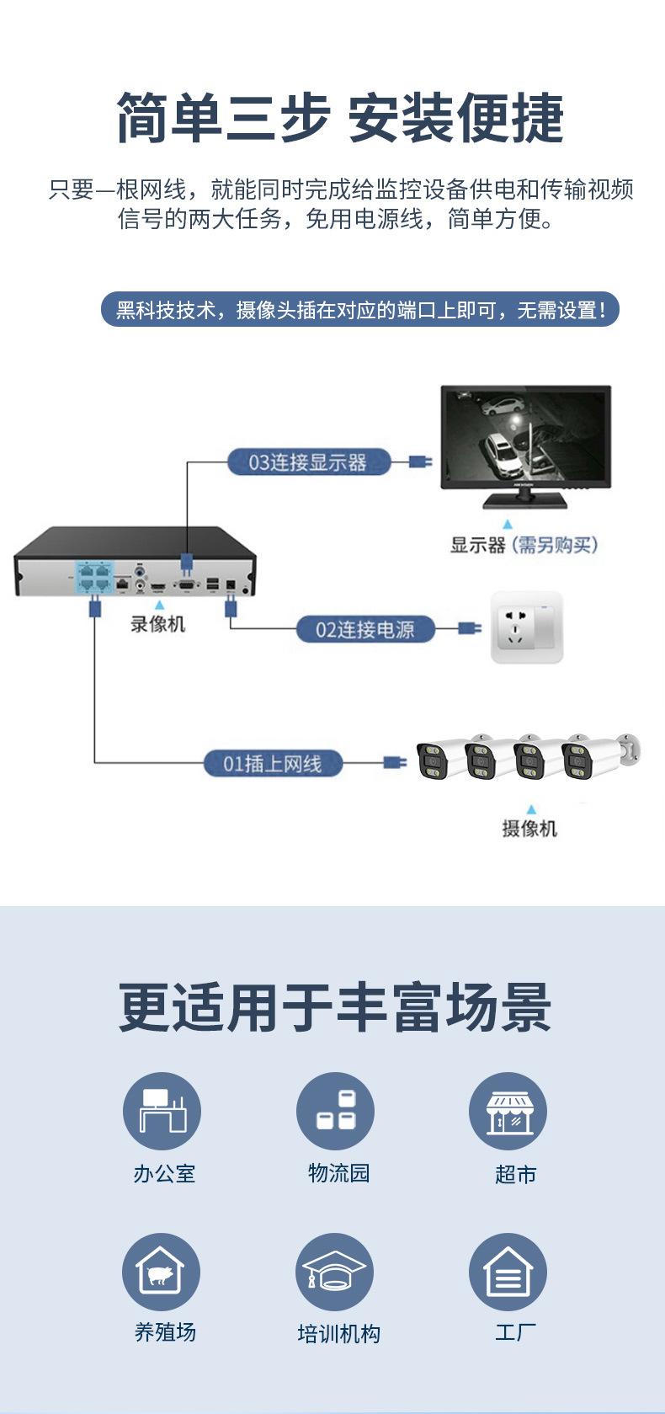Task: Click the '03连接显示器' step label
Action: [x=308, y=462]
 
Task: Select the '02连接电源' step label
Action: [x=364, y=629]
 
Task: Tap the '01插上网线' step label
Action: [x=272, y=764]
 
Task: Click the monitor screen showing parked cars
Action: [x=526, y=436]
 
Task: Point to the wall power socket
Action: [x=526, y=627]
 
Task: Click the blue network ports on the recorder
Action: [x=94, y=577]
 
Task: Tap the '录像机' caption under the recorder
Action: [x=157, y=624]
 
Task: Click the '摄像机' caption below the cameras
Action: [x=529, y=829]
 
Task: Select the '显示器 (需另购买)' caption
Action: [x=524, y=545]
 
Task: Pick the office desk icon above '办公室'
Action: [x=162, y=1111]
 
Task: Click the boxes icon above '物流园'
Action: [x=335, y=1111]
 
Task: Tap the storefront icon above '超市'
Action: [x=508, y=1111]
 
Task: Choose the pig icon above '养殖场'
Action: [x=162, y=1272]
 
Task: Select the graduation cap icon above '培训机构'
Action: [x=334, y=1272]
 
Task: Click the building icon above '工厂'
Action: [x=508, y=1272]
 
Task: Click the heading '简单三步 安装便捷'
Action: [x=339, y=118]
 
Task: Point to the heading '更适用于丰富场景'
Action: [x=335, y=1007]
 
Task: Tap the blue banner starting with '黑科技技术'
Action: [x=360, y=310]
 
